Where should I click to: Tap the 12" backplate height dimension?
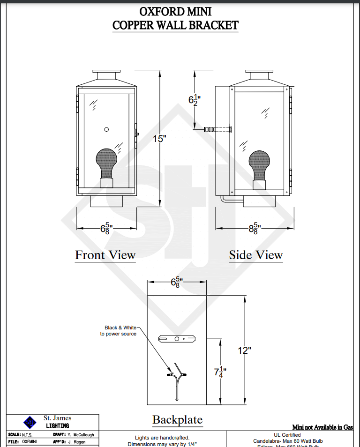click(245, 350)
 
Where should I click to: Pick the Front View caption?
click(105, 255)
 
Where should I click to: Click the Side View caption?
click(255, 255)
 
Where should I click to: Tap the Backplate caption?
click(177, 420)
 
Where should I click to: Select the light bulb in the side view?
click(259, 164)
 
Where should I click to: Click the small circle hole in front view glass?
click(106, 129)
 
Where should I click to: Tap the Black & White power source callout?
click(119, 331)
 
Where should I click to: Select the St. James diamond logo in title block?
click(30, 422)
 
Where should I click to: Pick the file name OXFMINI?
click(30, 442)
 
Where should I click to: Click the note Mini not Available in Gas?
click(323, 427)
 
